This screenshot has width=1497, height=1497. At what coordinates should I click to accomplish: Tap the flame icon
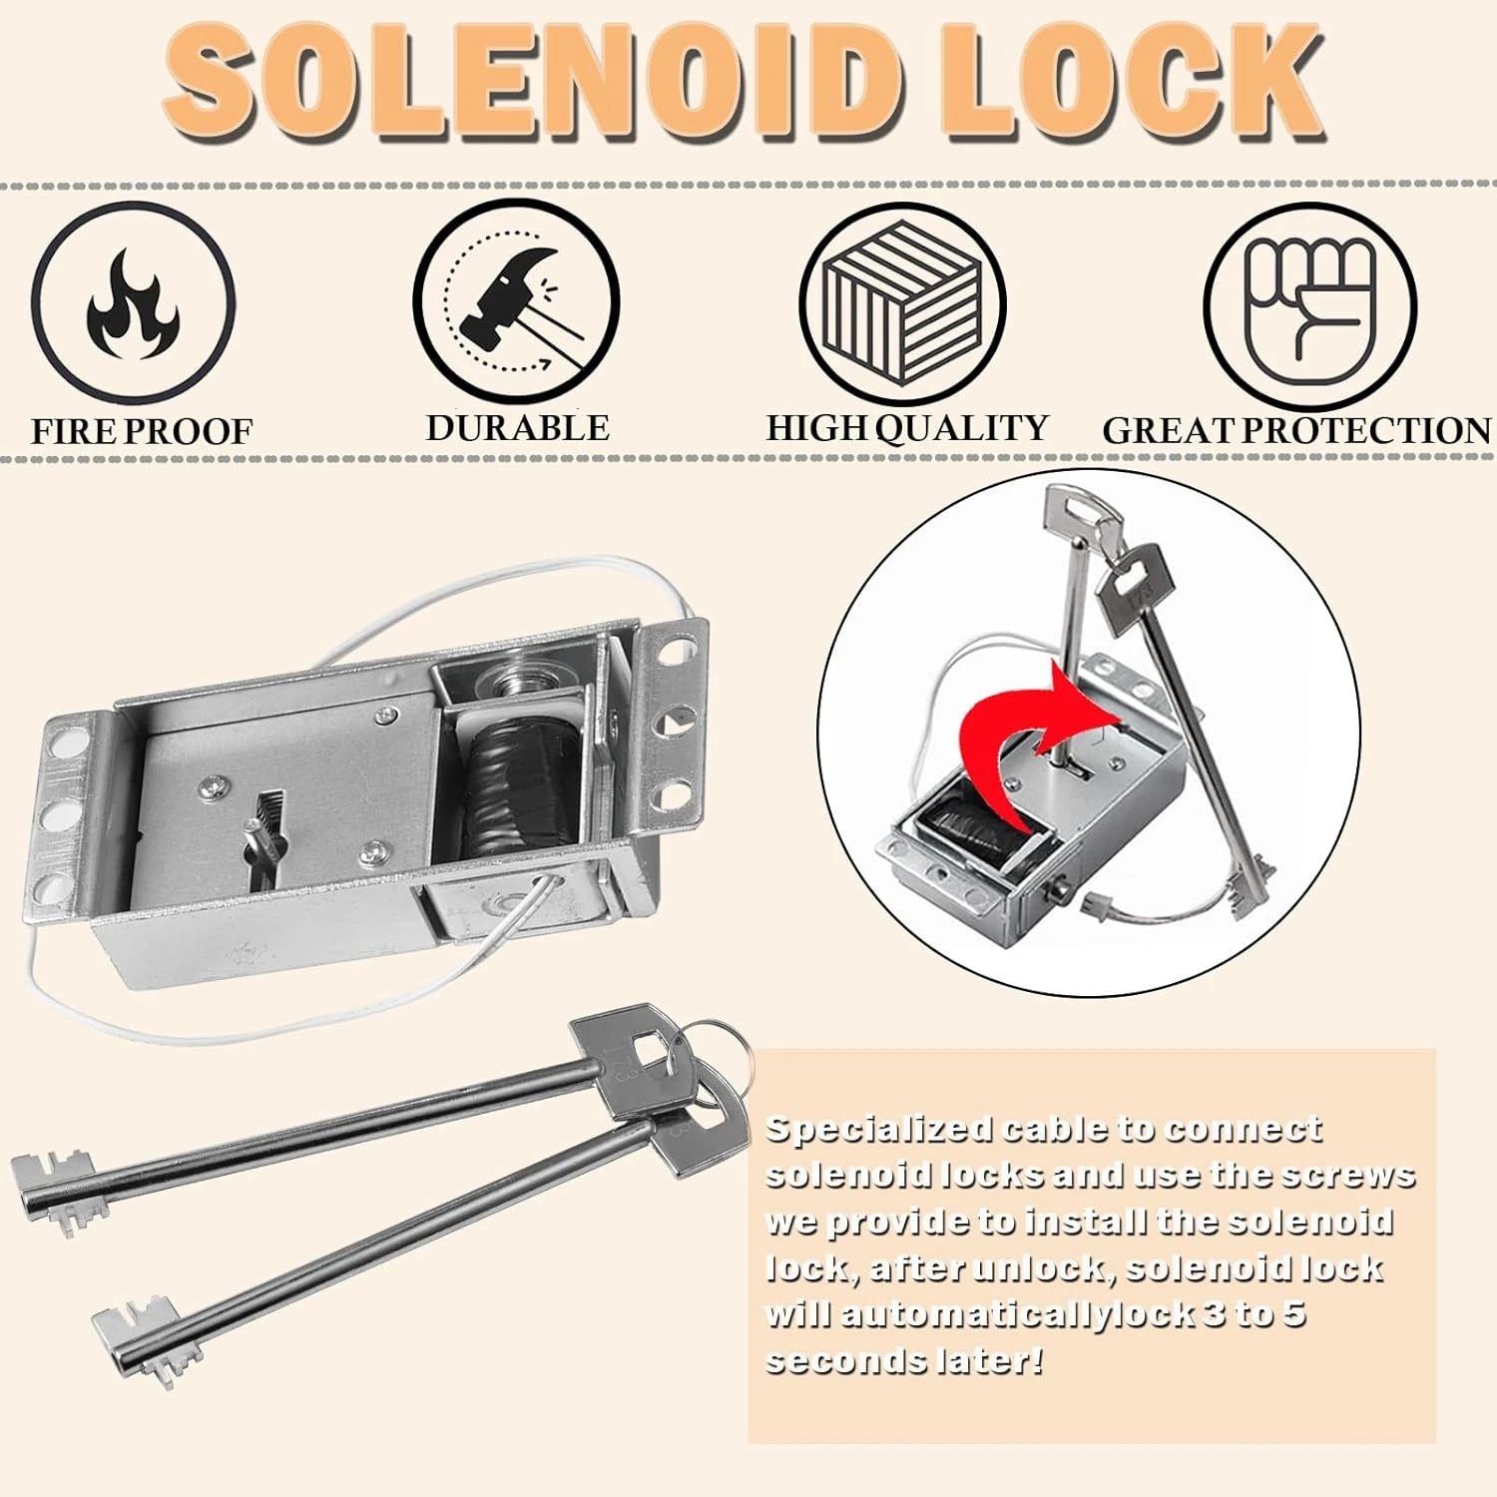click(134, 303)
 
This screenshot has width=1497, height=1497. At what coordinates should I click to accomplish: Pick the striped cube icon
click(902, 303)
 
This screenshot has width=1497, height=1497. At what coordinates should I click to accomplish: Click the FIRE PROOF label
click(142, 432)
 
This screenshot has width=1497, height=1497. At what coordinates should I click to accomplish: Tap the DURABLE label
click(517, 428)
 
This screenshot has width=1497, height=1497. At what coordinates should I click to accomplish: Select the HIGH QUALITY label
click(907, 428)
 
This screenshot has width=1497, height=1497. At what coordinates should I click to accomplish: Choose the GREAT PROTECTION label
click(1296, 430)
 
